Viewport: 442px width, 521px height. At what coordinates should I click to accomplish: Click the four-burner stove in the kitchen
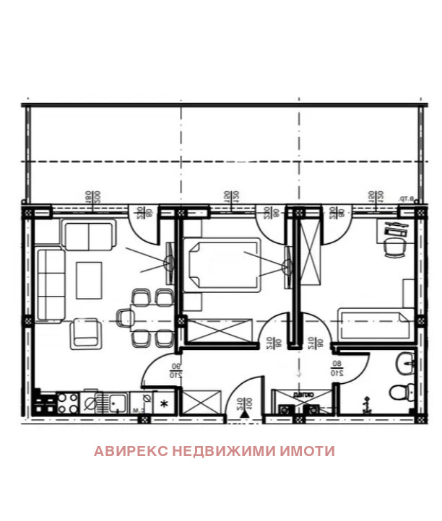[67, 403]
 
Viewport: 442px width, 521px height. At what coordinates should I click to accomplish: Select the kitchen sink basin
[115, 401]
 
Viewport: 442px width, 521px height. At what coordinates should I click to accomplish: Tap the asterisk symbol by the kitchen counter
[165, 403]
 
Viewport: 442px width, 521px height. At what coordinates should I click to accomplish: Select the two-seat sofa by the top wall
[88, 235]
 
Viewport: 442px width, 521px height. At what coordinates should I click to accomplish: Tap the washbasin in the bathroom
[405, 364]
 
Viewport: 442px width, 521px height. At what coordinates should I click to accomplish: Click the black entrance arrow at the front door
[246, 413]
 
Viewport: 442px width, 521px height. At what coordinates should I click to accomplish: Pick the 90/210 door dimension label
[175, 369]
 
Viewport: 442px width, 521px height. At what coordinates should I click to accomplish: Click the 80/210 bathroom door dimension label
[336, 369]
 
